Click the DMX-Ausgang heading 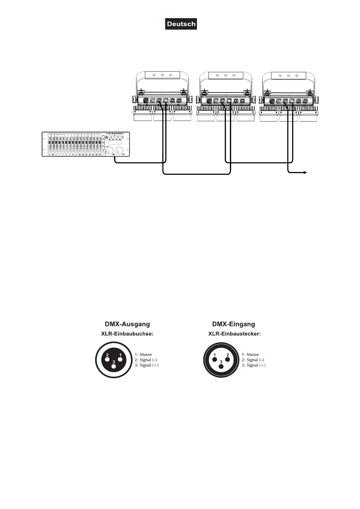coord(127,324)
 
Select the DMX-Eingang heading coord(234,324)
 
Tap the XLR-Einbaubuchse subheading coord(127,334)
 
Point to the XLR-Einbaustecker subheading coord(234,334)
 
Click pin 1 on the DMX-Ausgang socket coord(120,359)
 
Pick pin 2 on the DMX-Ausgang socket coord(107,360)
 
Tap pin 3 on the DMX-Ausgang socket coord(114,366)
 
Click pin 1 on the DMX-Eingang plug coord(214,359)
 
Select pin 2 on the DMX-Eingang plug coord(228,359)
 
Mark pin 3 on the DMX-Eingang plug coord(221,366)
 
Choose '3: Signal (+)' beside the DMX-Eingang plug coord(254,365)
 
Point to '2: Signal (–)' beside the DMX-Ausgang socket coord(146,360)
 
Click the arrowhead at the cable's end coord(306,173)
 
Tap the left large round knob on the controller coord(110,150)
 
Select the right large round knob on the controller coord(120,150)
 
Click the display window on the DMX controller coord(115,142)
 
